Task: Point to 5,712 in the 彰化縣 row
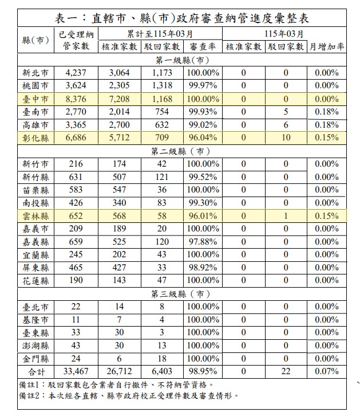(x=121, y=138)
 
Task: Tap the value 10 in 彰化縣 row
(x=286, y=138)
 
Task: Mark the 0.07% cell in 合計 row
(x=327, y=372)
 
